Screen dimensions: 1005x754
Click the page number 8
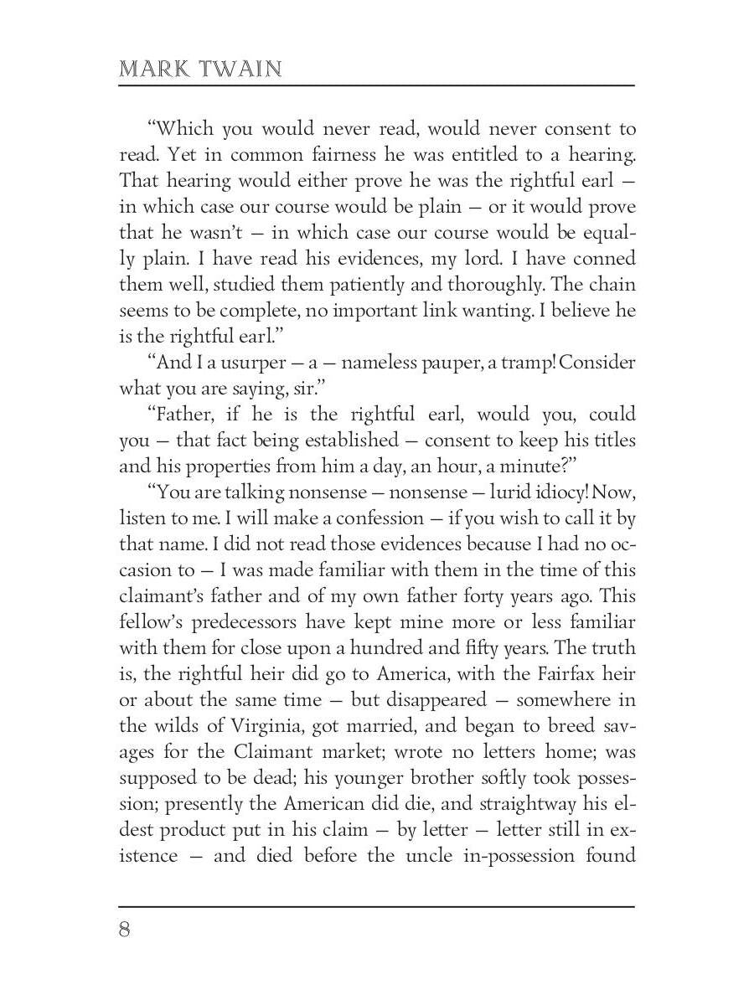125,930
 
